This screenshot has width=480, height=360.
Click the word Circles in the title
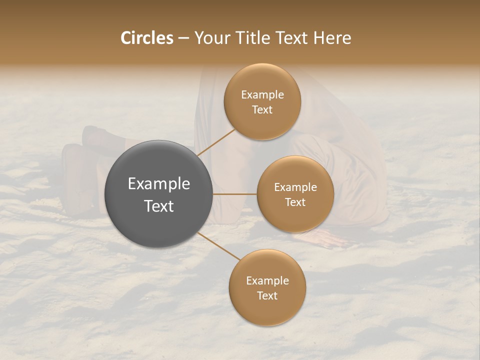point(146,38)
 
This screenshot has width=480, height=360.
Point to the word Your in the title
point(211,38)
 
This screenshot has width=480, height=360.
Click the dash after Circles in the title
point(183,38)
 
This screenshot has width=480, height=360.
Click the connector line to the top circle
point(216,142)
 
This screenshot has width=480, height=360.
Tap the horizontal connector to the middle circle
point(235,194)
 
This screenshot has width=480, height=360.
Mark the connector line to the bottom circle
point(219,246)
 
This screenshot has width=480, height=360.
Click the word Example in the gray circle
point(159,184)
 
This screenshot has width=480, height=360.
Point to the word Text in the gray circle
point(159,206)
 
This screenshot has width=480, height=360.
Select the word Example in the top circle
point(262,95)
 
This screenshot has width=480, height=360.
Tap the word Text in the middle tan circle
point(295,202)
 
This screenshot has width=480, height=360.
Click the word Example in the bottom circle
point(267,281)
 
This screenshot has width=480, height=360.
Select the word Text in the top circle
point(262,110)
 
